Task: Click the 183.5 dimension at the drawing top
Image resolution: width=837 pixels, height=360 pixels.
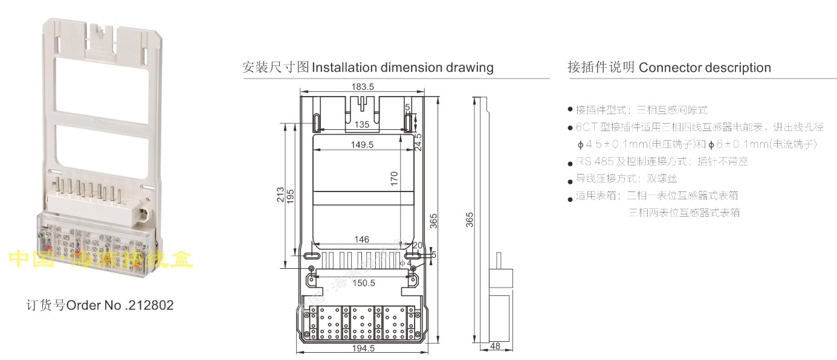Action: (363, 87)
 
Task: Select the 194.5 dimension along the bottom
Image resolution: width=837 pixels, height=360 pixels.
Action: (363, 349)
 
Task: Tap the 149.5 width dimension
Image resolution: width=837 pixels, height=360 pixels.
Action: (362, 145)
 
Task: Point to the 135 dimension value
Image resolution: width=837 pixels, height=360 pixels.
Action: (362, 124)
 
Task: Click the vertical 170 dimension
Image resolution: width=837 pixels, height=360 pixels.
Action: (394, 179)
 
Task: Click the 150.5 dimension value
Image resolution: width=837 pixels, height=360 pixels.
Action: (363, 283)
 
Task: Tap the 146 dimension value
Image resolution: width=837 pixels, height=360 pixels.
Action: (361, 240)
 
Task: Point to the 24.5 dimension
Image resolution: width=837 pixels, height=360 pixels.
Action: (418, 143)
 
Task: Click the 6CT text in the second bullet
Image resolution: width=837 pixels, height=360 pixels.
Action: (584, 127)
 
